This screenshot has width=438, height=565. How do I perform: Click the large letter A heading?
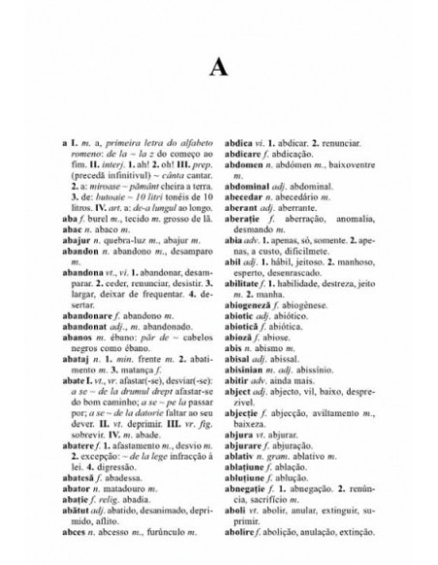[219, 70]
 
